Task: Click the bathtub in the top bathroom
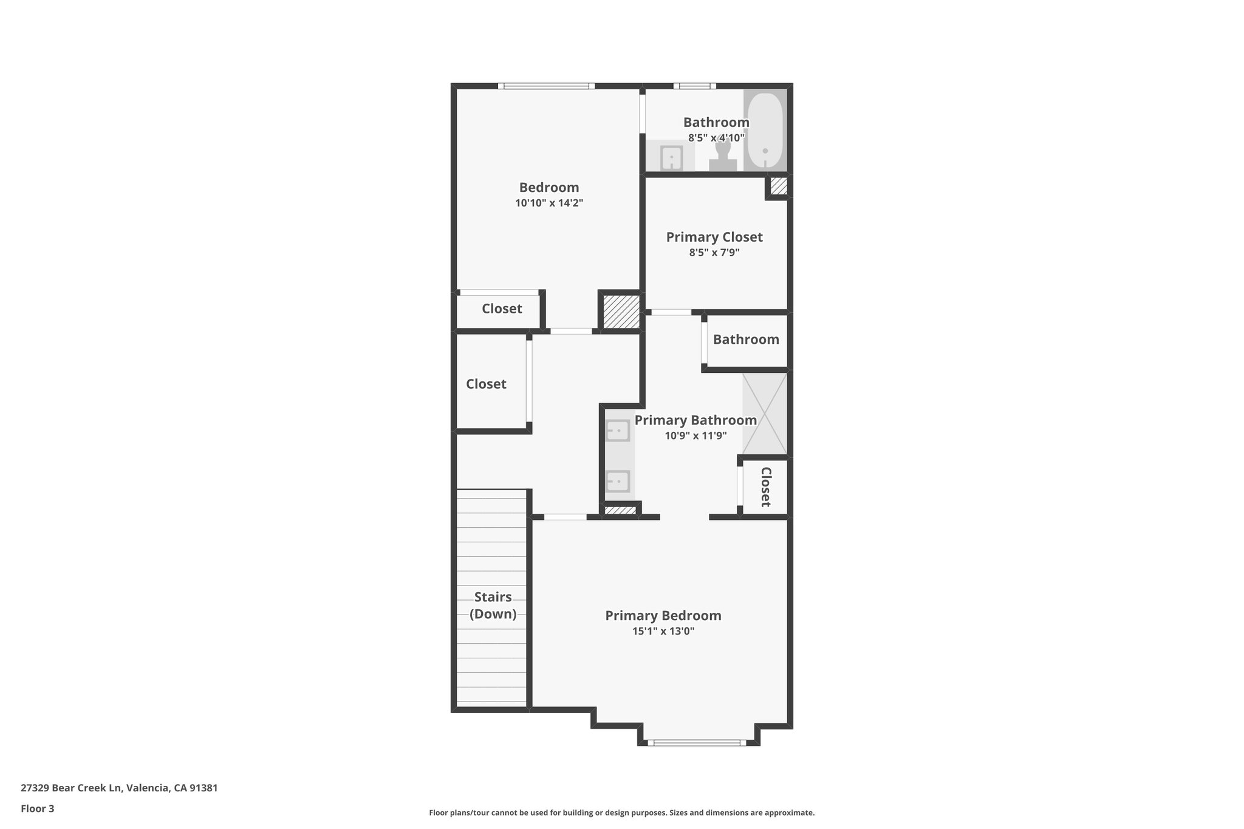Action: pos(765,131)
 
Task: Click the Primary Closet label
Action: pos(714,237)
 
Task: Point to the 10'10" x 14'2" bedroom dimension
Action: pos(549,203)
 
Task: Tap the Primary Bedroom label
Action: pos(663,615)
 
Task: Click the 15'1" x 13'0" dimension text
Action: pos(663,631)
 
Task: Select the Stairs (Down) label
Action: pos(493,605)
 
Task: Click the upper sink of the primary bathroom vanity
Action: pos(618,430)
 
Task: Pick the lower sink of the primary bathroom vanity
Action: pos(618,481)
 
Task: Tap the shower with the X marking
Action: pos(765,414)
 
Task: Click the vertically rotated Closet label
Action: pos(765,486)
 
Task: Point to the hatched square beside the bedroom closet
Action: pos(621,312)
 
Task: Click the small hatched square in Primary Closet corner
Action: pos(779,186)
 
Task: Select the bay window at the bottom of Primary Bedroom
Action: pos(697,742)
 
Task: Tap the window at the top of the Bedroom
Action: pos(546,86)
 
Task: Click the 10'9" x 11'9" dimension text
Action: pos(695,435)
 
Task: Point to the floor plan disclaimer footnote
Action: pos(621,813)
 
